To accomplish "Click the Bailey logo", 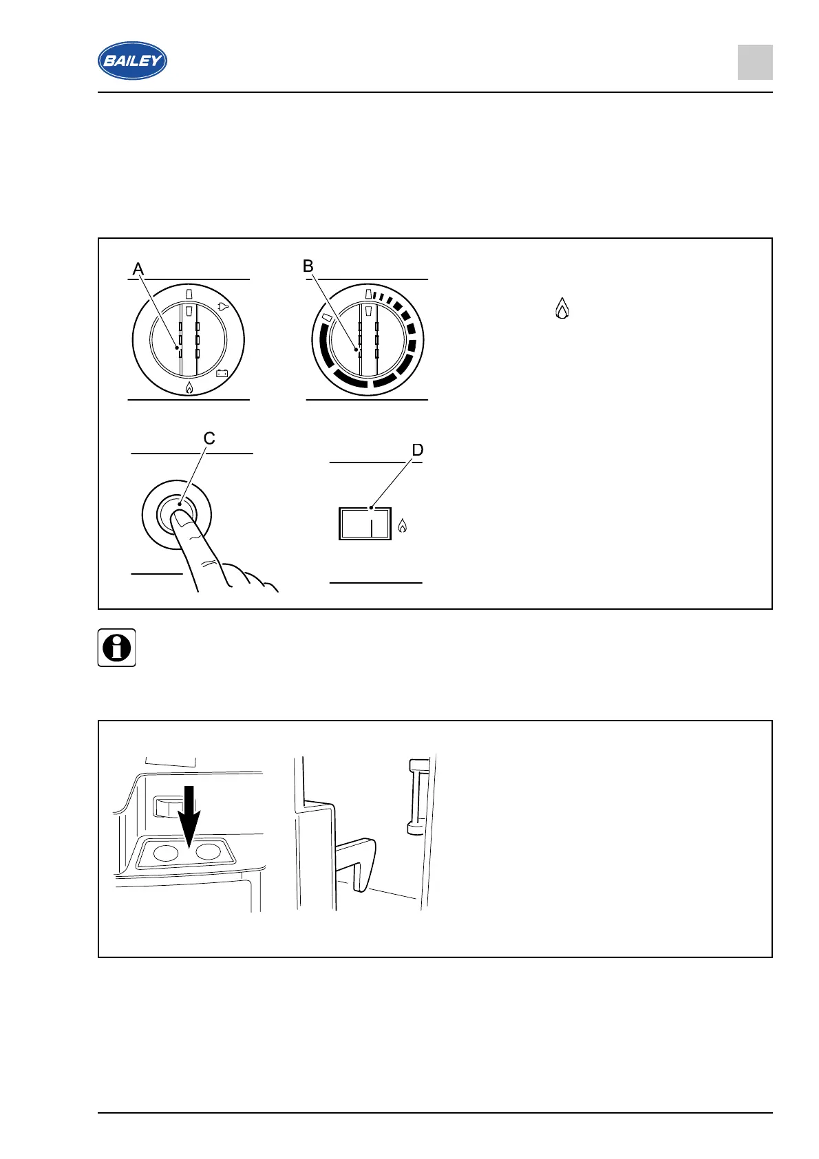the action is pos(132,61).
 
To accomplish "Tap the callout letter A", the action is pos(138,268).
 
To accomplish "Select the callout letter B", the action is pos(308,266).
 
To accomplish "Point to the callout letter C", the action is pos(209,438).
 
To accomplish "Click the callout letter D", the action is pos(417,450).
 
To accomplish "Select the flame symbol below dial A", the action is pos(189,389).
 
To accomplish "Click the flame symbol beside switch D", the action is pos(403,527).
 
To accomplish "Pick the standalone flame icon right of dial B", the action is pos(562,309).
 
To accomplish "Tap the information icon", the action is pos(116,648).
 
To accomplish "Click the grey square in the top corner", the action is pos(755,63).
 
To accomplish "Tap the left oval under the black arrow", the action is pos(165,853).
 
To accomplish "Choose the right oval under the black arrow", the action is pos(209,852).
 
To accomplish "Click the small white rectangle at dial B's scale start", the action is pos(327,319).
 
